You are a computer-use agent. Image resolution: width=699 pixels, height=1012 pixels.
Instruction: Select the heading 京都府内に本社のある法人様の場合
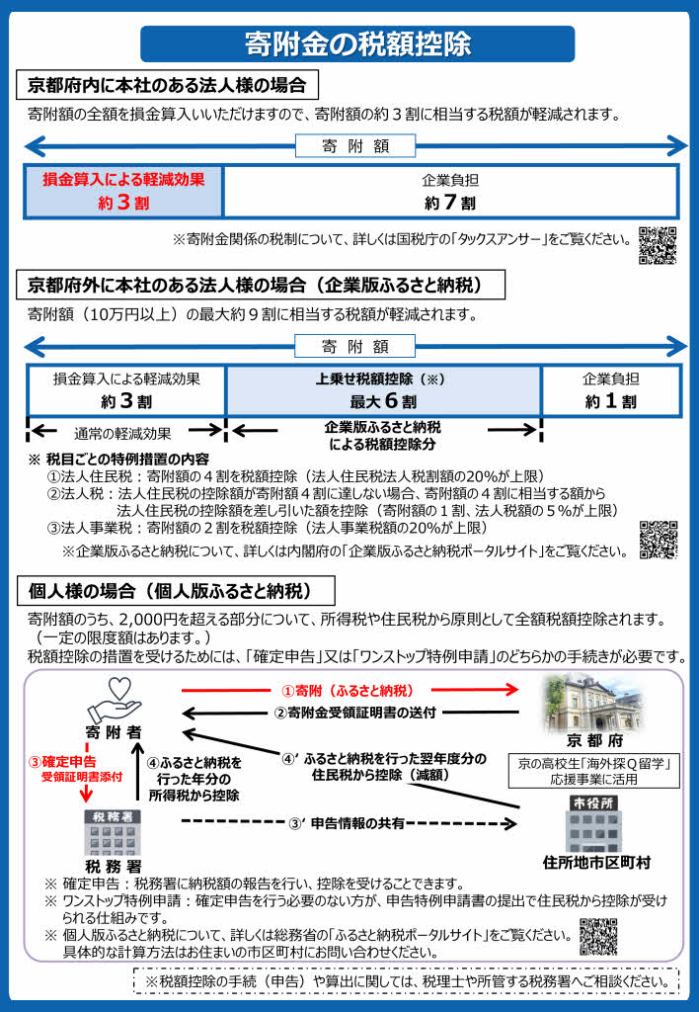[x=173, y=85]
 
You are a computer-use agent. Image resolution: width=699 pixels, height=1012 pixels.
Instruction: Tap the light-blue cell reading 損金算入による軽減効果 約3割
[x=123, y=191]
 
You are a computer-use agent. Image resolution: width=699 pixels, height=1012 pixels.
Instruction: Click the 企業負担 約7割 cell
[x=450, y=191]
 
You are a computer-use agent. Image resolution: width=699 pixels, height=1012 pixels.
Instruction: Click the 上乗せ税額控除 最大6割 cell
[x=383, y=391]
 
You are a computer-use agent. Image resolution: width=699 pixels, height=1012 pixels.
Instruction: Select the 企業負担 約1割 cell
[x=610, y=391]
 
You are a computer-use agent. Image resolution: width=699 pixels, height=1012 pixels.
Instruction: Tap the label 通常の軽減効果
[x=122, y=433]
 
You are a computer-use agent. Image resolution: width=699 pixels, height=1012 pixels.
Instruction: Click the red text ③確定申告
[x=62, y=762]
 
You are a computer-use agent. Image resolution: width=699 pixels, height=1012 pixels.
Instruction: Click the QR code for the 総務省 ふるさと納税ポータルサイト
[x=598, y=938]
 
